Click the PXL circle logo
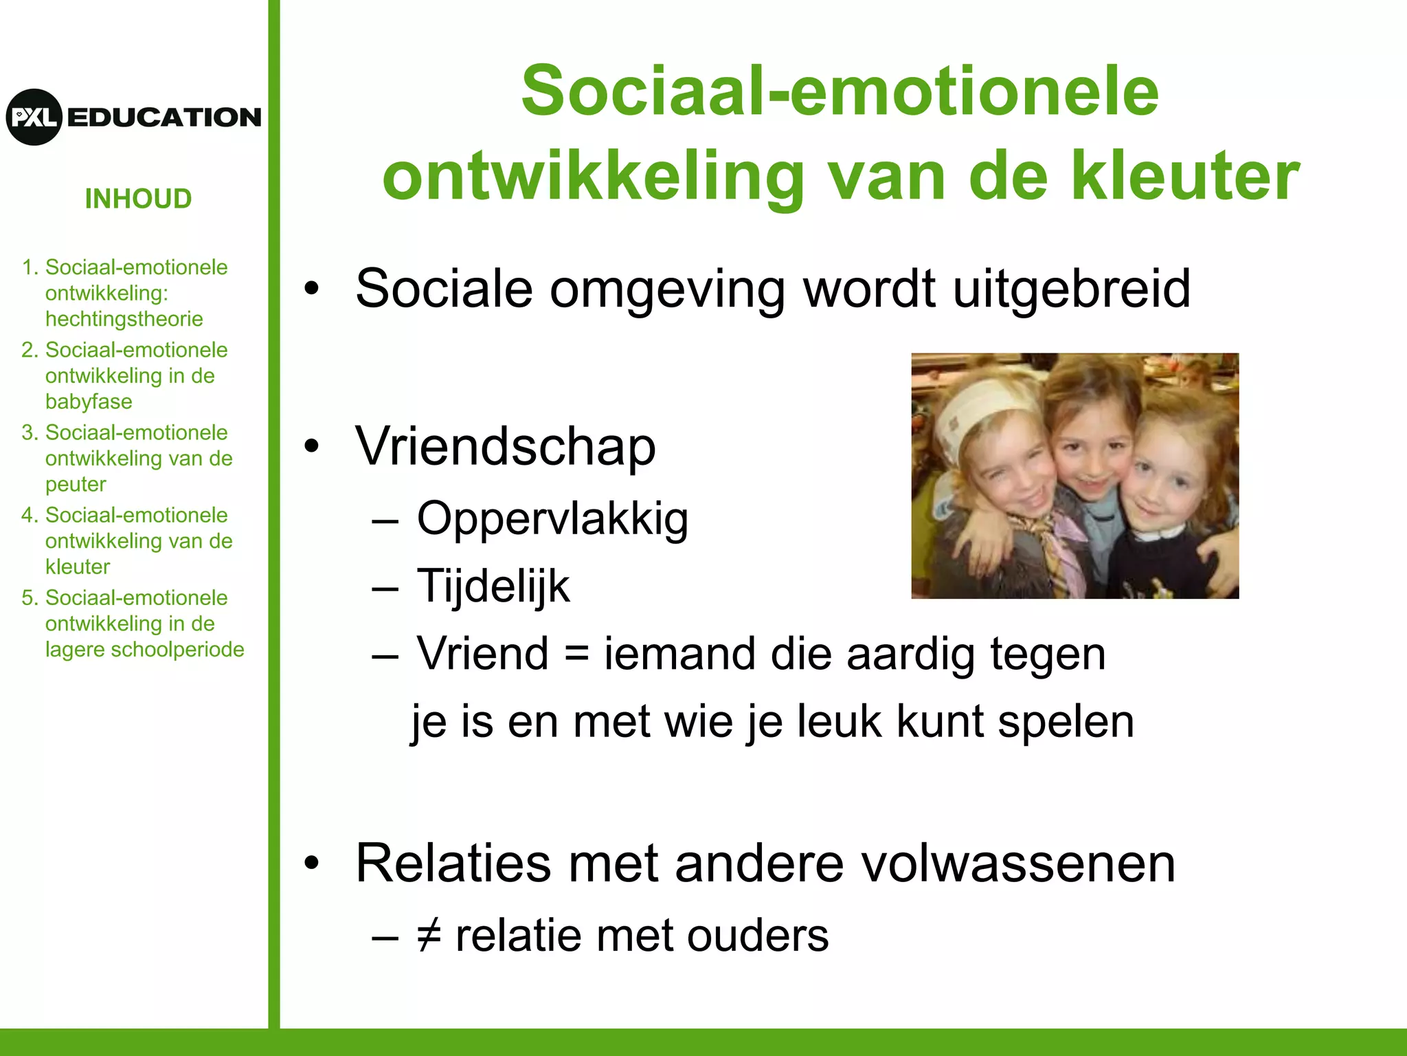[x=34, y=117]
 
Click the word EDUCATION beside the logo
[x=164, y=118]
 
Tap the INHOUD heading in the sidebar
[x=138, y=199]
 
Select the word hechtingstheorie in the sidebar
[x=124, y=319]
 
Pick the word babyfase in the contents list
[x=89, y=401]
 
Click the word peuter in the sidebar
[x=76, y=484]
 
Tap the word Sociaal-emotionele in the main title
[x=840, y=91]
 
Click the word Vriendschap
[x=506, y=447]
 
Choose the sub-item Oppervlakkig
[x=552, y=519]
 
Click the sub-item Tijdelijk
[x=493, y=586]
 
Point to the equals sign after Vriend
[x=576, y=654]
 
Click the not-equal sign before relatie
[x=429, y=936]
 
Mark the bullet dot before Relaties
[x=313, y=863]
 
